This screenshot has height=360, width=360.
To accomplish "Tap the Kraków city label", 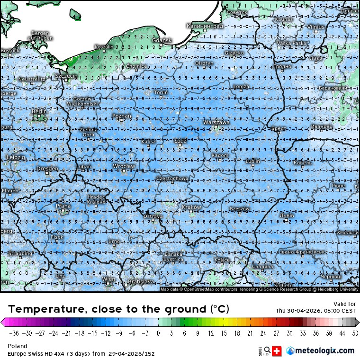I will [191, 207].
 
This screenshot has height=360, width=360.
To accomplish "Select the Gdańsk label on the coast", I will [162, 41].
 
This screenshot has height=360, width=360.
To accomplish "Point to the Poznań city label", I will [122, 116].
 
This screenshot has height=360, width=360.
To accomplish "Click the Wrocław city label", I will [124, 166].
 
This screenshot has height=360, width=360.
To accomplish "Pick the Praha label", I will [63, 206].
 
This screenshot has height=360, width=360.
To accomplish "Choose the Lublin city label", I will [253, 161].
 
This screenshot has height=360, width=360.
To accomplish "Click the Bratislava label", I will [141, 281].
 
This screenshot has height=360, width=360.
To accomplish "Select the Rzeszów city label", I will [239, 208].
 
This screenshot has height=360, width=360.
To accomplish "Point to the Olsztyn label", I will [204, 63].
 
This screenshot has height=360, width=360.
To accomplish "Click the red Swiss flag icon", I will [278, 351].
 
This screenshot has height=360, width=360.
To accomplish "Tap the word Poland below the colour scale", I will [18, 346].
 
